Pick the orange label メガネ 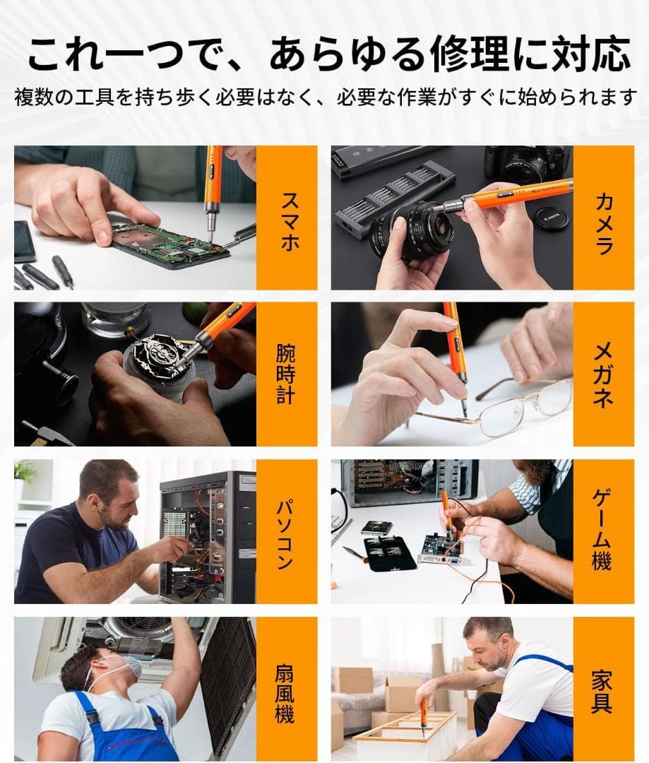[x=603, y=374]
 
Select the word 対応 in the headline [x=590, y=54]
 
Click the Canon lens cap [x=553, y=217]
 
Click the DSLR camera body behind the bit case [x=526, y=165]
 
